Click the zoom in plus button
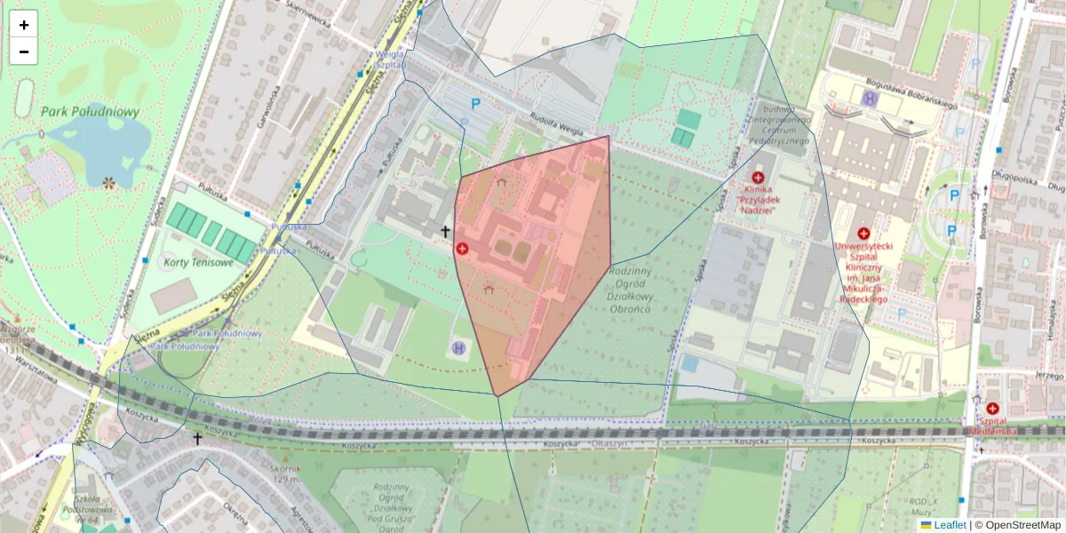[x=24, y=25]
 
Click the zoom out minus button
[x=24, y=52]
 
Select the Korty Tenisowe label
[x=197, y=263]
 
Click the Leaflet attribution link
[x=949, y=525]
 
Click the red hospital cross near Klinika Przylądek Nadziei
[x=758, y=178]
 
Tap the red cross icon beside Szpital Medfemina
[x=992, y=408]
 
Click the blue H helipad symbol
[x=458, y=347]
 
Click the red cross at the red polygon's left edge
[x=462, y=249]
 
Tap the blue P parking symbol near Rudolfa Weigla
[x=475, y=104]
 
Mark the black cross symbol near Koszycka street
[x=197, y=439]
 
